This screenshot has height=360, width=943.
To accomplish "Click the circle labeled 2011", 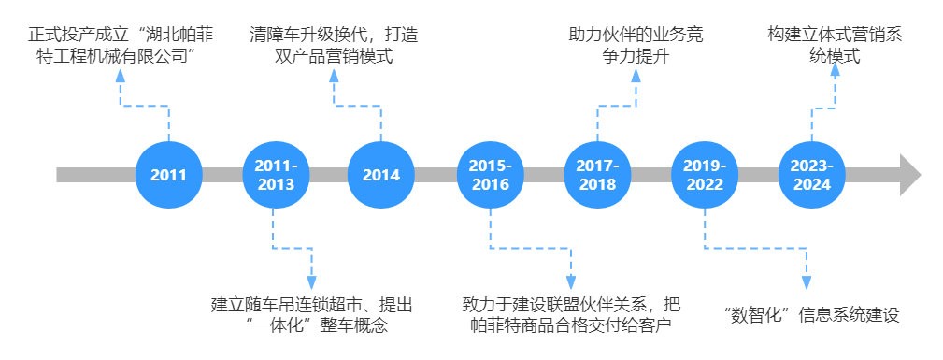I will pos(168,175).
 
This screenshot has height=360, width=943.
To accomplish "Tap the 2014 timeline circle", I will pos(381,175).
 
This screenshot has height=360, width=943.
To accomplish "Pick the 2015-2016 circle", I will pos(490,175).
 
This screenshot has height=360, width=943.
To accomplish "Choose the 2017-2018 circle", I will pos(597,175).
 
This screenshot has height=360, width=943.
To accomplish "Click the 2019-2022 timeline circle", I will pos(705,175).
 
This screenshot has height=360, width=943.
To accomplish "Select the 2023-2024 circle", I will pos(812,175).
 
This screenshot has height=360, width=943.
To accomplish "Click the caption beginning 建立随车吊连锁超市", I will pos(311,315).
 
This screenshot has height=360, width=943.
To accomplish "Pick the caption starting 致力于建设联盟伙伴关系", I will pos(570,315).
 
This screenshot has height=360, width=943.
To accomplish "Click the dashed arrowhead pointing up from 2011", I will pos(119,76).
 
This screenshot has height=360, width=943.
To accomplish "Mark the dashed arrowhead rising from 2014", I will pos(334,76).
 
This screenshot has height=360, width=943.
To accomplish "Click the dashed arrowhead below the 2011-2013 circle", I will pos(311,281).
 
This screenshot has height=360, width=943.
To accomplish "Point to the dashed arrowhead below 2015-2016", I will pos(570,281).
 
